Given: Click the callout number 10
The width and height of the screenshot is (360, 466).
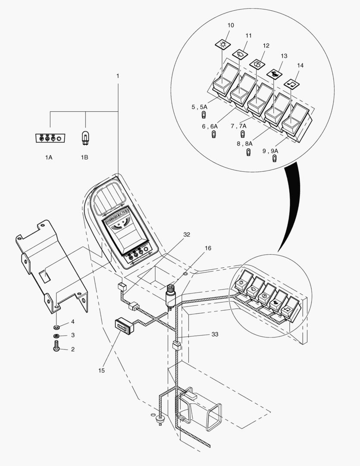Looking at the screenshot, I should point(231,25).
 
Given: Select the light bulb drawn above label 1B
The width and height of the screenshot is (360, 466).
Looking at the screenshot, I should point(85,139).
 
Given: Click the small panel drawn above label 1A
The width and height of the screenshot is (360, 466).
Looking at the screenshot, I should point(50,139).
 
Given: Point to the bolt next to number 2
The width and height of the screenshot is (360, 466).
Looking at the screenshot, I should point(56,346).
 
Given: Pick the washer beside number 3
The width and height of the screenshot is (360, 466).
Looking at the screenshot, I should point(56,336).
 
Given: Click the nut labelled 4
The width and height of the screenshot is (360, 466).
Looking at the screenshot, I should point(56,325).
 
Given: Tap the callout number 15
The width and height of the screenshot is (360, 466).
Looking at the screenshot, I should point(101,370).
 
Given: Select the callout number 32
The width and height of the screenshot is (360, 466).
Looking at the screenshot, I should point(186,234).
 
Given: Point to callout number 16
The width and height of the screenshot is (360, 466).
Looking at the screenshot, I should point(208,249).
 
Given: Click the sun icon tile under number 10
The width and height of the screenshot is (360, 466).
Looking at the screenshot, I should point(223,44).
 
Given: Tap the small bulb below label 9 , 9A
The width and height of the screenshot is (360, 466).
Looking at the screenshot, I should point(275,158).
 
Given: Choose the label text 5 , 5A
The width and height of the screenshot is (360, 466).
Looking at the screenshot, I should point(200,107).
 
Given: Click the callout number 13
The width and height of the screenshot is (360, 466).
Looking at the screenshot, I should point(283,56).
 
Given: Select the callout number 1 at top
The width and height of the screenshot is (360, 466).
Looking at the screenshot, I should point(118,76).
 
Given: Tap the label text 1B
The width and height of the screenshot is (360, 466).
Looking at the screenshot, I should point(85,157).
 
